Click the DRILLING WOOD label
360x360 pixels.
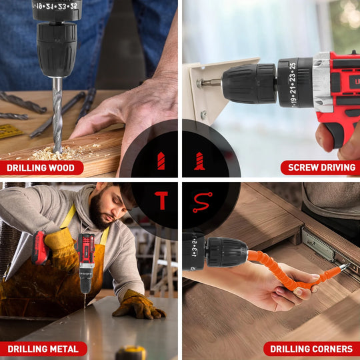click(42, 168)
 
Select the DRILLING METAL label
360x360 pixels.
click(43, 349)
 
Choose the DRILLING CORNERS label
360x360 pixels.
click(312, 349)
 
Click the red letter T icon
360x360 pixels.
click(161, 200)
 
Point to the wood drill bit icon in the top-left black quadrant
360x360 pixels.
click(161, 161)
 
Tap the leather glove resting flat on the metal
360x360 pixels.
click(139, 305)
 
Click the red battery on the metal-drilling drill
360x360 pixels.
click(39, 248)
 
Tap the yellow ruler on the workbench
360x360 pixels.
click(10, 131)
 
